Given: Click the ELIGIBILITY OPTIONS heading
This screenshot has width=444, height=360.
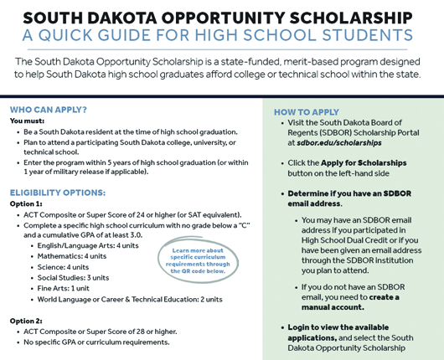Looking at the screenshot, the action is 57,193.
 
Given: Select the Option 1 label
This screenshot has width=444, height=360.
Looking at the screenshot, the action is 27,204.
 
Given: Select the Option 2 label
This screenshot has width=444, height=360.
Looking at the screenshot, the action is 27,321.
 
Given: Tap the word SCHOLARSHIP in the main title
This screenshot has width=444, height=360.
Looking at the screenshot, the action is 338,18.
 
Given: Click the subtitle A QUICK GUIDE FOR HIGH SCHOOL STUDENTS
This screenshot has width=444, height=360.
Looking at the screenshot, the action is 221,36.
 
